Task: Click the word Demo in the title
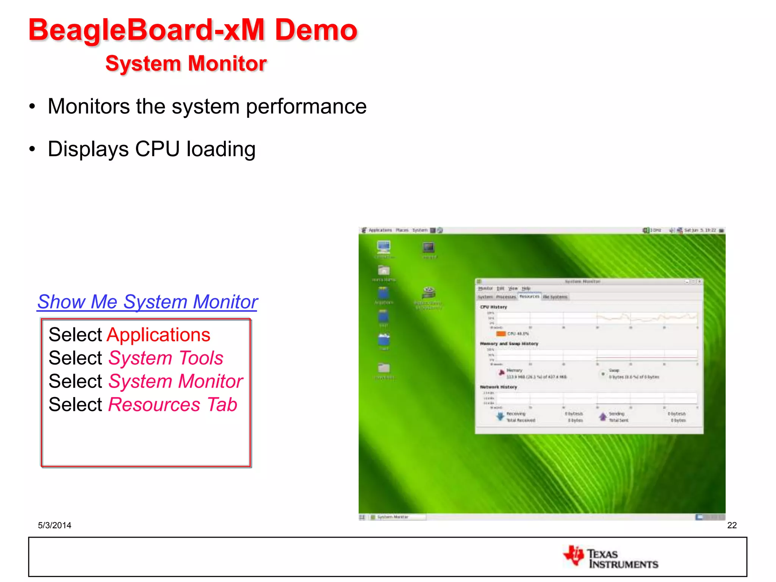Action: click(316, 30)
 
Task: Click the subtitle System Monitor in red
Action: click(186, 63)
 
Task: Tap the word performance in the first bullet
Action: click(306, 106)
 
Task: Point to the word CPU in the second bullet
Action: click(157, 149)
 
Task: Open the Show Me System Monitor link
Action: click(147, 302)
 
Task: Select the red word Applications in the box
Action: click(158, 335)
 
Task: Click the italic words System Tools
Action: click(166, 358)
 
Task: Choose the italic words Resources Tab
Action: click(172, 405)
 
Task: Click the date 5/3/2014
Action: click(55, 525)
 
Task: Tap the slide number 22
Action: click(732, 525)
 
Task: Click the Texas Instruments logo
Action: click(611, 557)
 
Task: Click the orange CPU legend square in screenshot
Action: click(501, 334)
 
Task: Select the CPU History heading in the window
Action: click(493, 307)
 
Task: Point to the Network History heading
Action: click(498, 387)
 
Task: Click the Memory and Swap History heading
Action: click(509, 344)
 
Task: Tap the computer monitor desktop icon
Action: click(383, 247)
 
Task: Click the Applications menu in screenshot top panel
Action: click(380, 230)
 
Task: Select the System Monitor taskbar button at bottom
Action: click(393, 517)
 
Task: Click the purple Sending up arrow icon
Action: click(602, 417)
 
